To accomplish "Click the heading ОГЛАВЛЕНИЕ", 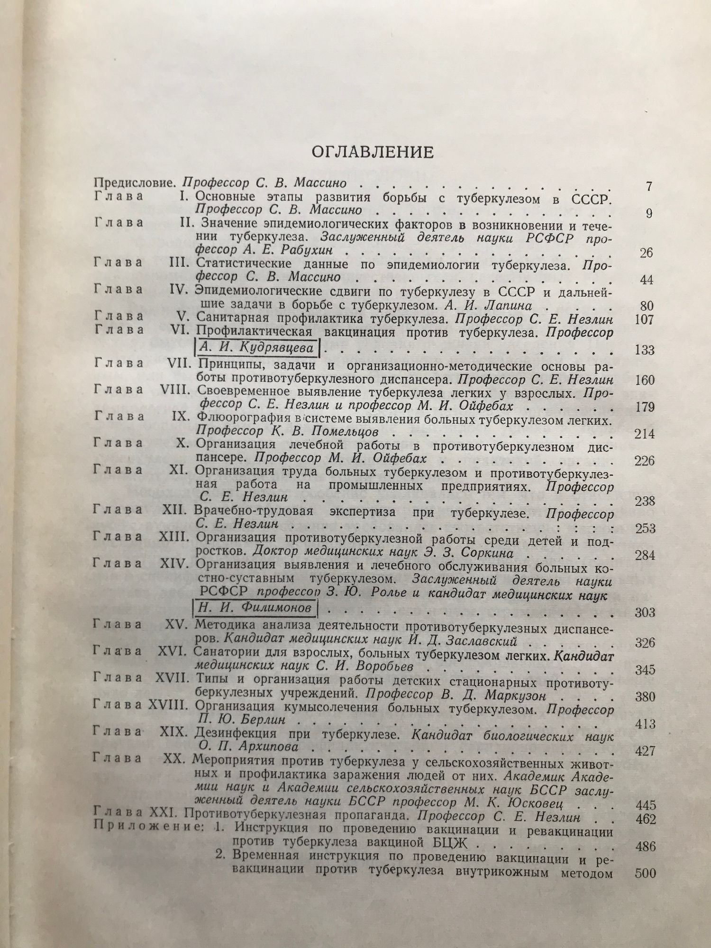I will pyautogui.click(x=372, y=152).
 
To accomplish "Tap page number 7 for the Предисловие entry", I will pyautogui.click(x=649, y=186).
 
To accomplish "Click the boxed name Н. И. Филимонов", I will pyautogui.click(x=255, y=607).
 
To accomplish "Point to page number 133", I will pyautogui.click(x=644, y=350).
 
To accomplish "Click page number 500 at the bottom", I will pyautogui.click(x=644, y=873).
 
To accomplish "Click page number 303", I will pyautogui.click(x=644, y=612).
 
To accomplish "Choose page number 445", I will pyautogui.click(x=644, y=805).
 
